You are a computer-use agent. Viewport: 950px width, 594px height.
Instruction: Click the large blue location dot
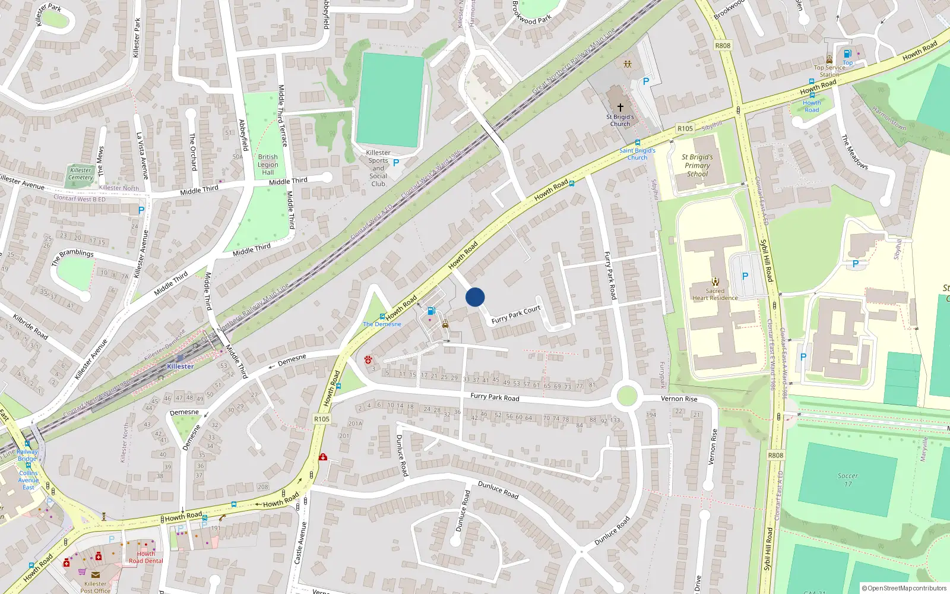tap(475, 297)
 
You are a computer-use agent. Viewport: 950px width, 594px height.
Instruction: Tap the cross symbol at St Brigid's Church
tap(620, 108)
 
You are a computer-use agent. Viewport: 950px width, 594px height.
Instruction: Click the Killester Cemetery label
tap(80, 173)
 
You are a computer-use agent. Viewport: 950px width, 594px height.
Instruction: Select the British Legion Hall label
tap(268, 165)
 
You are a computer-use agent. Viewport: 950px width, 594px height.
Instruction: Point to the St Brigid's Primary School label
tap(698, 166)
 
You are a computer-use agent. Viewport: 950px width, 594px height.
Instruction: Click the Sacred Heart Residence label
tap(715, 295)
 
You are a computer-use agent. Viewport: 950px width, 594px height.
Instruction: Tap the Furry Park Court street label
tap(516, 314)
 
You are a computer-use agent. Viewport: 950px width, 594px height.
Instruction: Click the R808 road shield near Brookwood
tap(723, 46)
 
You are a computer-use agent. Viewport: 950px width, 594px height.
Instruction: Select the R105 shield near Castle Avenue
tap(322, 419)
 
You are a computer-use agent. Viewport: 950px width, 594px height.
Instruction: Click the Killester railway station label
tap(180, 366)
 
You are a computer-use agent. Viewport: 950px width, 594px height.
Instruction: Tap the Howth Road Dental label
tap(145, 557)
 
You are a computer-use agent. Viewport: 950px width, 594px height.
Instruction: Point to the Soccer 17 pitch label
tap(847, 480)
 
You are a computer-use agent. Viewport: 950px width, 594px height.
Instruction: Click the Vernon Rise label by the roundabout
tap(679, 399)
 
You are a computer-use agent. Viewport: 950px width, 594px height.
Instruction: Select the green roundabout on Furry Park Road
tap(627, 396)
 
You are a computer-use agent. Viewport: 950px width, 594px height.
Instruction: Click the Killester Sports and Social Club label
tap(378, 168)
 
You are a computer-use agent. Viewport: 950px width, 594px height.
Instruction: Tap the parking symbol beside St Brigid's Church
tap(646, 81)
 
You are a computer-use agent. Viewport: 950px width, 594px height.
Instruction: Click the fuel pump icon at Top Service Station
tap(847, 53)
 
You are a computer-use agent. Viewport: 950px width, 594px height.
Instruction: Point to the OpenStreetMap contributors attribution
tap(904, 588)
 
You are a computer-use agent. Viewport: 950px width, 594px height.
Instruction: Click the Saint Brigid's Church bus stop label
tap(637, 154)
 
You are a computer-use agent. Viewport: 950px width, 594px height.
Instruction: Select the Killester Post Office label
tap(95, 587)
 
